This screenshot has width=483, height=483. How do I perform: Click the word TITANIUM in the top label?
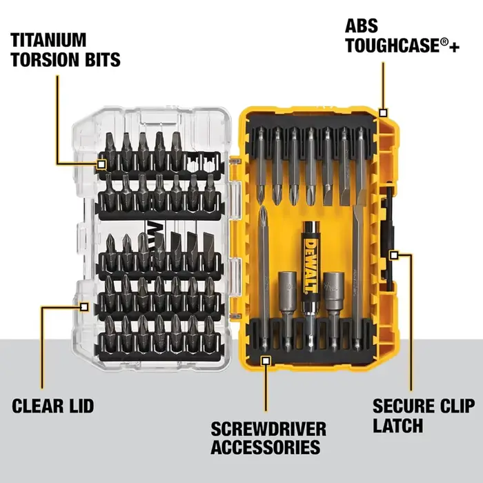click(x=48, y=40)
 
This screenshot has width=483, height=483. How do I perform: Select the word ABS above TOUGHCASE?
click(x=362, y=26)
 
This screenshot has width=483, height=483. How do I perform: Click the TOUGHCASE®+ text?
click(x=402, y=46)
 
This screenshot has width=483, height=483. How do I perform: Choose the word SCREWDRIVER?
click(x=268, y=428)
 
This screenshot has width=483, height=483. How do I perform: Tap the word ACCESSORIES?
click(x=266, y=447)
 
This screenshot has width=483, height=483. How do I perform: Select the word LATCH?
click(x=397, y=426)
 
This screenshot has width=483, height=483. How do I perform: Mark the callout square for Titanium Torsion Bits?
click(x=101, y=164)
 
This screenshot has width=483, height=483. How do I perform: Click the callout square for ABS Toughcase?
click(x=383, y=113)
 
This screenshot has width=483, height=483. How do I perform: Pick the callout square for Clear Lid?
click(x=83, y=307)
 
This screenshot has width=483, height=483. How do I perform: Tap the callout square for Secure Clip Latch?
click(x=394, y=255)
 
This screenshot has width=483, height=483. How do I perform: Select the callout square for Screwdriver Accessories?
click(x=266, y=361)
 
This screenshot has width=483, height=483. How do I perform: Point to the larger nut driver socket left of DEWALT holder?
click(x=288, y=311)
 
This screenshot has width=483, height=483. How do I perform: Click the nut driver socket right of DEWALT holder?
click(x=333, y=311)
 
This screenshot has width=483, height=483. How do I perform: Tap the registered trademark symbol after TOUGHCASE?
click(x=444, y=42)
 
